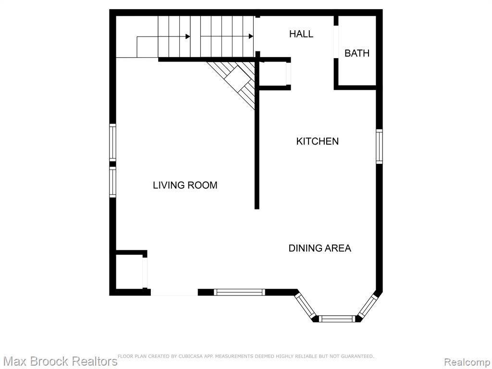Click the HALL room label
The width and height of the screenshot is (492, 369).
tap(301, 34)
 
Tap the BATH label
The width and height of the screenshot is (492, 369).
tap(357, 53)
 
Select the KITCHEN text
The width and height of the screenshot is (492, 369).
tap(317, 141)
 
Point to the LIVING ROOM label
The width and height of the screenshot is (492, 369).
tap(185, 185)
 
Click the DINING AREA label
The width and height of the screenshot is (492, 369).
tap(320, 248)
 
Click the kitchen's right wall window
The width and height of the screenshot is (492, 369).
tap(380, 146)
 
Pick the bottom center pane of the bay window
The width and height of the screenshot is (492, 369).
tap(337, 319)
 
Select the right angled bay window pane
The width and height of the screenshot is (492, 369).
tap(368, 306)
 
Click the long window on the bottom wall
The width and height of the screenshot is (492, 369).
tap(239, 292)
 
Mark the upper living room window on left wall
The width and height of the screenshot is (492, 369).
tap(112, 143)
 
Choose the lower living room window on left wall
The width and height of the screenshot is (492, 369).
tap(112, 182)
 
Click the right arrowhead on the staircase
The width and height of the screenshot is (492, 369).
tap(251, 37)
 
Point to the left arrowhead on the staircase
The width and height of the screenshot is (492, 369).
tap(188, 37)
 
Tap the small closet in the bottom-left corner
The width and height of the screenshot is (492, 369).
tap(129, 272)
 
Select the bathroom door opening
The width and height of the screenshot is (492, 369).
tap(336, 42)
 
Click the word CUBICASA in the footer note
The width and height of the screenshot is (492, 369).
tap(189, 356)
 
